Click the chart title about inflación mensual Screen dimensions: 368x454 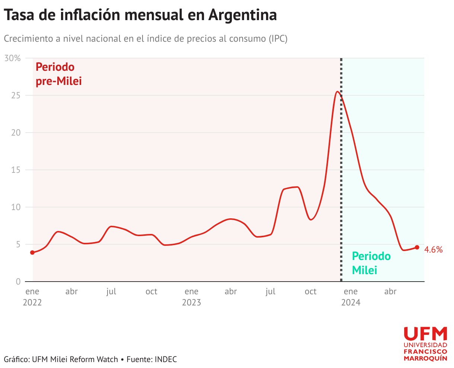(140, 15)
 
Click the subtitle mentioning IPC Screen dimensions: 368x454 (146, 39)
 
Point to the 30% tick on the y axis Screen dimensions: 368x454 (13, 58)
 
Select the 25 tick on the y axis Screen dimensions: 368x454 (16, 95)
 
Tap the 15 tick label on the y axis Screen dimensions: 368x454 (16, 170)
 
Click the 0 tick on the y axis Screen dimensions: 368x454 (18, 282)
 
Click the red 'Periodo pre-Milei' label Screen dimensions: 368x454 (58, 74)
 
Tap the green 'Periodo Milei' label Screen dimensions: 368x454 (371, 263)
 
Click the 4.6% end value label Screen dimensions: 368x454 (434, 250)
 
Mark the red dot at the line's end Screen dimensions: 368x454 (417, 247)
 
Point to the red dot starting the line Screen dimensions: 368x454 (32, 253)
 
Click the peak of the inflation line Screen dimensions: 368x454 (337, 92)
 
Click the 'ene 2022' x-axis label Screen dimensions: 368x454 (32, 296)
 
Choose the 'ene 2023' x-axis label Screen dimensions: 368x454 (191, 296)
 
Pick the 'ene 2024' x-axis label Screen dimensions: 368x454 (351, 296)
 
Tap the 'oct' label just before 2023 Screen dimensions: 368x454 (151, 292)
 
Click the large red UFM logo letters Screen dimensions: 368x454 (425, 334)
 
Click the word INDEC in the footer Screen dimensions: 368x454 (166, 359)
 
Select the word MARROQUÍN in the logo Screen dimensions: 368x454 (425, 358)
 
